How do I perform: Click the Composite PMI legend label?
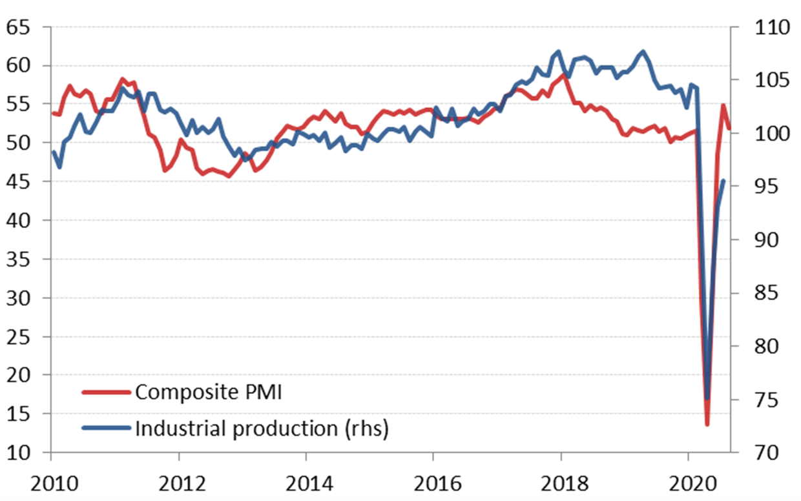click(208, 393)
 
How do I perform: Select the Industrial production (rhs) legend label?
click(262, 428)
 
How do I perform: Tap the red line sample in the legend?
click(107, 393)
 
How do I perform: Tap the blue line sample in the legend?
click(107, 428)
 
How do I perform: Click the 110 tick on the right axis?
click(765, 27)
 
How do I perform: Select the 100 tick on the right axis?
click(765, 134)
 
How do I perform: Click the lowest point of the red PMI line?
click(707, 424)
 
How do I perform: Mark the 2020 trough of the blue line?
click(707, 398)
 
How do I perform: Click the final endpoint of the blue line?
click(723, 181)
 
